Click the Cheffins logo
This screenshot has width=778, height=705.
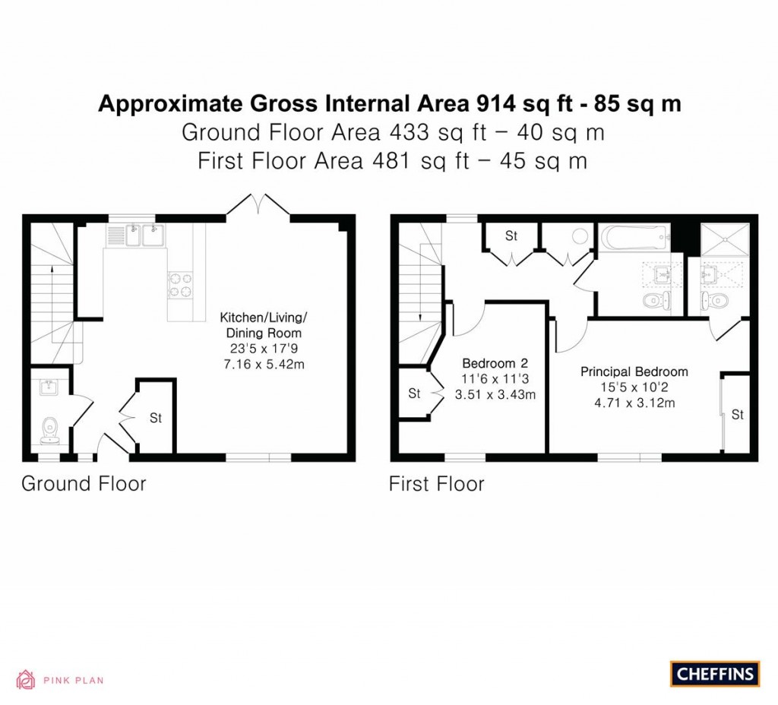point(714,673)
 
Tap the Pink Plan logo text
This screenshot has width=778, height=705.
point(72,681)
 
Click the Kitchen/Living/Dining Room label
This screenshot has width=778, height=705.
point(261,325)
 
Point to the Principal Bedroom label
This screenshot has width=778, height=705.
point(634,371)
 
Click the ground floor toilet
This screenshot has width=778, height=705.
point(51,429)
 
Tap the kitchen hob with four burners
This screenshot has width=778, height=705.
point(179,284)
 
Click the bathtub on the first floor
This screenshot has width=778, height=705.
point(634,238)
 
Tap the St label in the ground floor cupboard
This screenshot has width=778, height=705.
point(156,418)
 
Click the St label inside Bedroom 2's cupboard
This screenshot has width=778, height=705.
point(414,394)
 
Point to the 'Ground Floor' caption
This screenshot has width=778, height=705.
point(84,483)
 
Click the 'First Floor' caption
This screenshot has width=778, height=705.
point(436,483)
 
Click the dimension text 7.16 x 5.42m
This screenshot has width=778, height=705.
point(261,365)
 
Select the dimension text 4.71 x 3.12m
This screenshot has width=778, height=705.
point(634,403)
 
